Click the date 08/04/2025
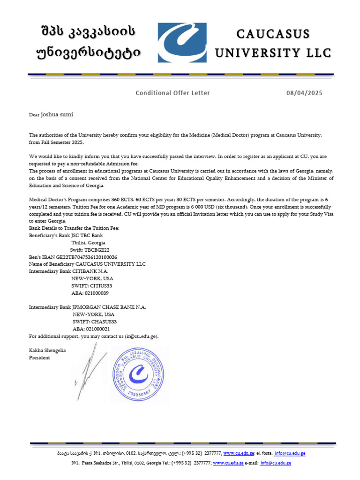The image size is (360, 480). click(x=304, y=93)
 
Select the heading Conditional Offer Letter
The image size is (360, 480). click(x=172, y=93)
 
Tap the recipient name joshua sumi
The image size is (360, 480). click(x=57, y=114)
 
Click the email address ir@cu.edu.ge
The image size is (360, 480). click(x=141, y=336)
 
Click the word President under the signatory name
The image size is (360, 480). click(x=39, y=358)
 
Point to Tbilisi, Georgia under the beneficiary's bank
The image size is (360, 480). click(x=88, y=243)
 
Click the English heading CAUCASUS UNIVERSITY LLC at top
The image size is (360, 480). click(x=273, y=43)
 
